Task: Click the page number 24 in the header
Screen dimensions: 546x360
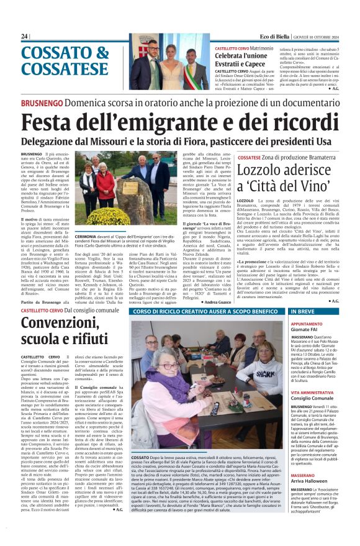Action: point(25,37)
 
